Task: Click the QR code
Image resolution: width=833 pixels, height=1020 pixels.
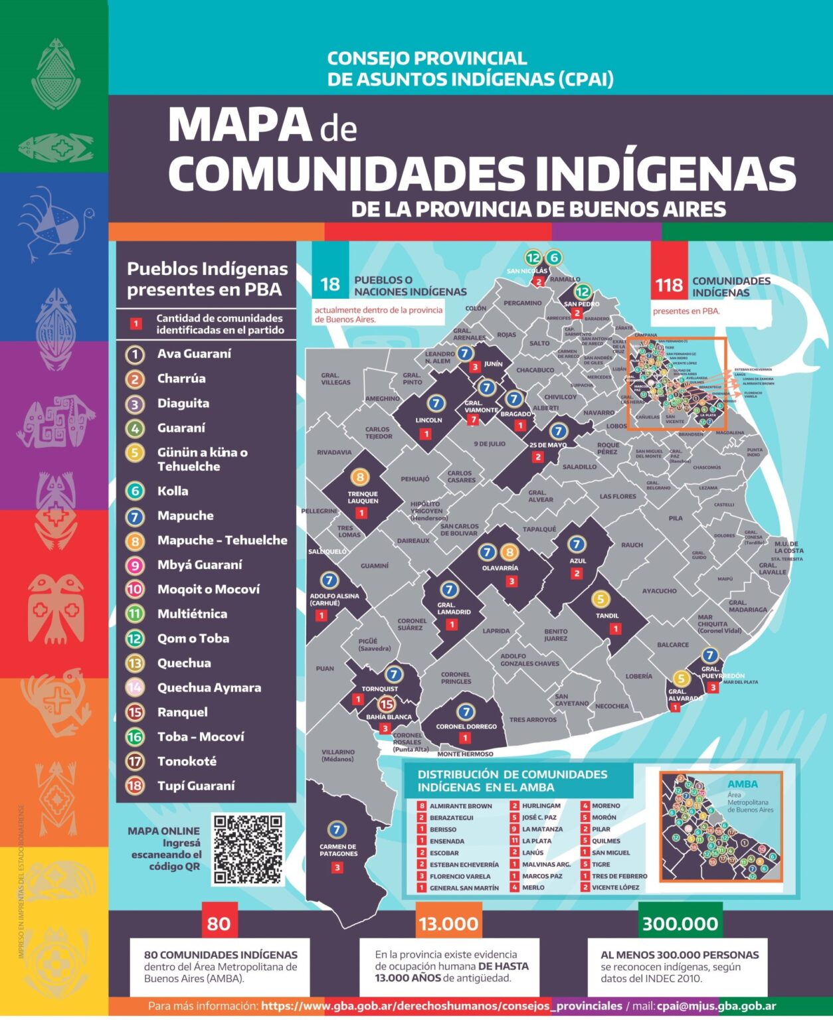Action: coord(248,849)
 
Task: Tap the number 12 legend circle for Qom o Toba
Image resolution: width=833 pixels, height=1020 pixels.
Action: coord(135,639)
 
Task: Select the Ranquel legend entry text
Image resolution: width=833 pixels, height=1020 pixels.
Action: coord(182,712)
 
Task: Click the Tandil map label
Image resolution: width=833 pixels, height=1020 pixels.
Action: coord(606,616)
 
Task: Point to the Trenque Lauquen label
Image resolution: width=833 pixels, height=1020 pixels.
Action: coord(363,497)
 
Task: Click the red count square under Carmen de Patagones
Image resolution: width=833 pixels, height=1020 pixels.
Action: coord(337,867)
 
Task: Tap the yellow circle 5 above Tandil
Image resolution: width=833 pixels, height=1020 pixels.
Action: coord(601,599)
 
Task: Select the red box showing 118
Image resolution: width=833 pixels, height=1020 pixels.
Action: coord(669,285)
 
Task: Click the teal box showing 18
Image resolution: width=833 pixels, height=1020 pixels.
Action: coord(330,284)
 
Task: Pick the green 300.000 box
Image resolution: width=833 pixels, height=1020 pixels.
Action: coord(680,924)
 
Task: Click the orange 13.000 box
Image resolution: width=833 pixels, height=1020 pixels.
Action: coord(448,924)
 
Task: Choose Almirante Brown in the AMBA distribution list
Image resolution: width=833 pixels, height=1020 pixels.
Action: coord(460,806)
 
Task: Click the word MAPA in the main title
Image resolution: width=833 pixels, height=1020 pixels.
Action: coord(240,125)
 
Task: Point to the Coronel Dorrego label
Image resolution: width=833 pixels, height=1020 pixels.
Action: coord(466,726)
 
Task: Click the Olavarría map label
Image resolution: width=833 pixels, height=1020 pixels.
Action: coord(500,568)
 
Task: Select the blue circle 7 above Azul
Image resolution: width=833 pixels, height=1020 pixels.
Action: coord(576,545)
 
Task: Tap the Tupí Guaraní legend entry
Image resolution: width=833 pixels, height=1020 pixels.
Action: coord(196,786)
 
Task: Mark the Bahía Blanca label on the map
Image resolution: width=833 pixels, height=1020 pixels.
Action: coord(389,717)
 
